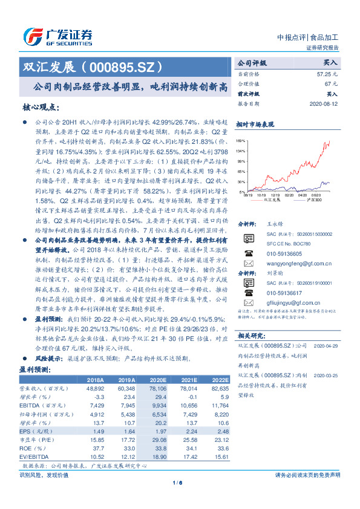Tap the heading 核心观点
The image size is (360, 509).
41,108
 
